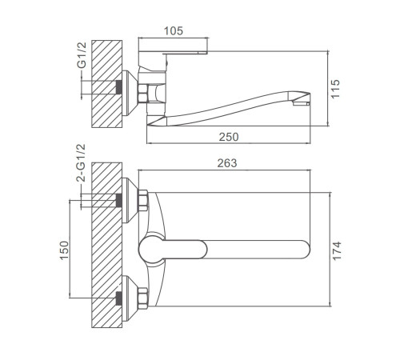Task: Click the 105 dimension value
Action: [174, 31]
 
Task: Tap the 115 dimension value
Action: [335, 89]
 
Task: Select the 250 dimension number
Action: [229, 137]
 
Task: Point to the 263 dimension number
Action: [227, 163]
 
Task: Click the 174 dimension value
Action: [337, 250]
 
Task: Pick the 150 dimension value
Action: [64, 250]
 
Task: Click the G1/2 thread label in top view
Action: [82, 55]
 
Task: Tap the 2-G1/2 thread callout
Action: [81, 163]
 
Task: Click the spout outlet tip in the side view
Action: [302, 102]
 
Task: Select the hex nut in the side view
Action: [142, 93]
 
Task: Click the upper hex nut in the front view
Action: [143, 200]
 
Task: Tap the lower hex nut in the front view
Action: [143, 298]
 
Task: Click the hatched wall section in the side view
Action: [107, 84]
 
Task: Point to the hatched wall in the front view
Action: [107, 245]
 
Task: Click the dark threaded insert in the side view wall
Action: [119, 87]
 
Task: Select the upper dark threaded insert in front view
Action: [119, 201]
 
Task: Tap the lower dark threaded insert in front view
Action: [119, 298]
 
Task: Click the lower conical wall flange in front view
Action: [130, 298]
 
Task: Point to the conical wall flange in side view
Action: [130, 93]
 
